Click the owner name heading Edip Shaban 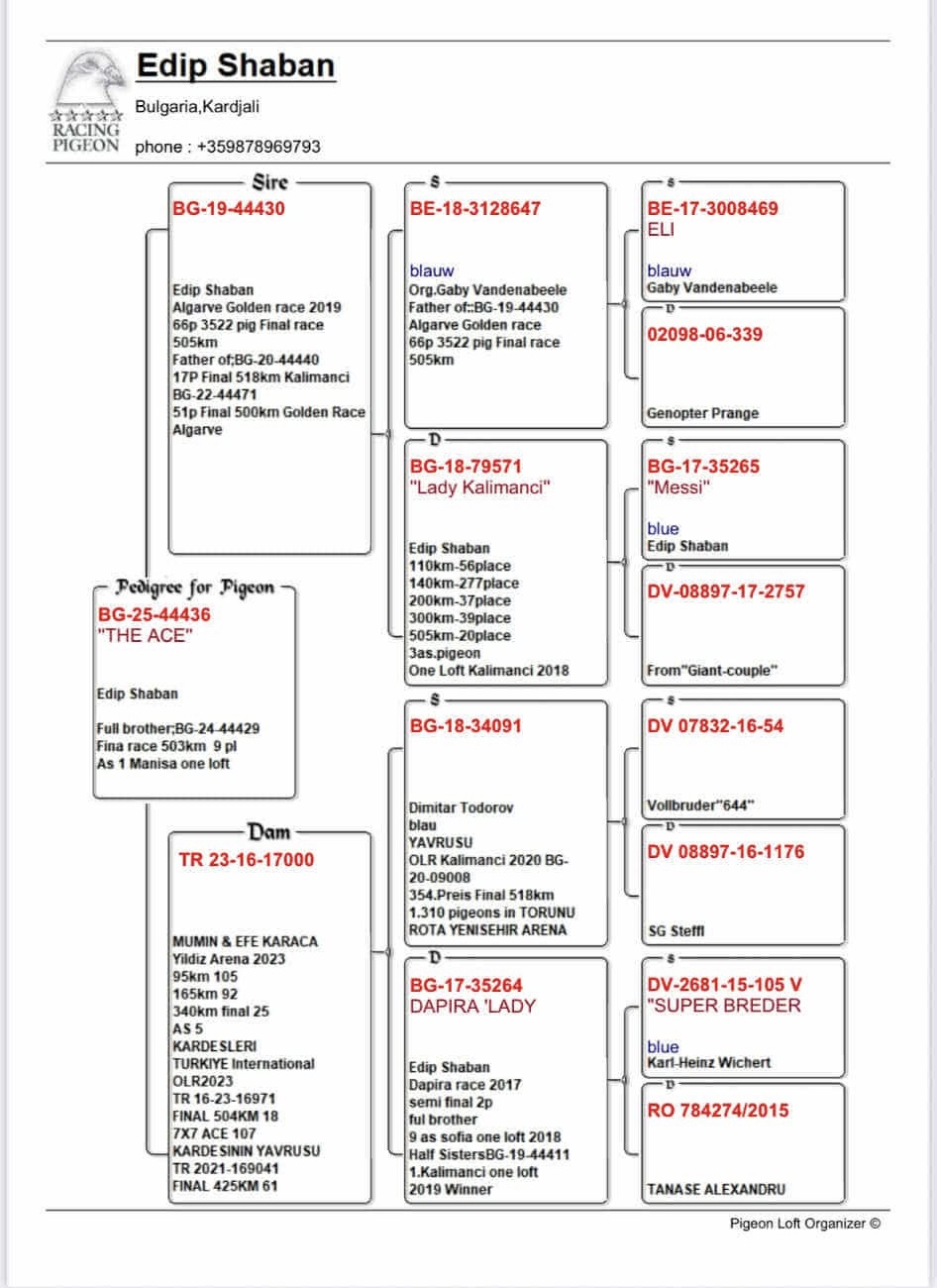(235, 65)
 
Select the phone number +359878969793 (259, 147)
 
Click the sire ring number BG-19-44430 (229, 209)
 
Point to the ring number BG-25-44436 (154, 615)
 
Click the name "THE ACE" (145, 636)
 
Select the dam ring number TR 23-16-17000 (247, 860)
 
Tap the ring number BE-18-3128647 (475, 209)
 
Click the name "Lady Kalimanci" (479, 487)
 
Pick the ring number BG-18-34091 (466, 726)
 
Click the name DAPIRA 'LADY (472, 1007)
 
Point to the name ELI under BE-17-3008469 (661, 229)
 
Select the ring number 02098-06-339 (704, 335)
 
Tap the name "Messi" (678, 487)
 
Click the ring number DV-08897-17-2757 (726, 591)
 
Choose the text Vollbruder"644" (700, 805)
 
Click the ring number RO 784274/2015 (718, 1111)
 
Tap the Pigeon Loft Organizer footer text (804, 1224)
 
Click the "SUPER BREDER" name (724, 1007)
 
